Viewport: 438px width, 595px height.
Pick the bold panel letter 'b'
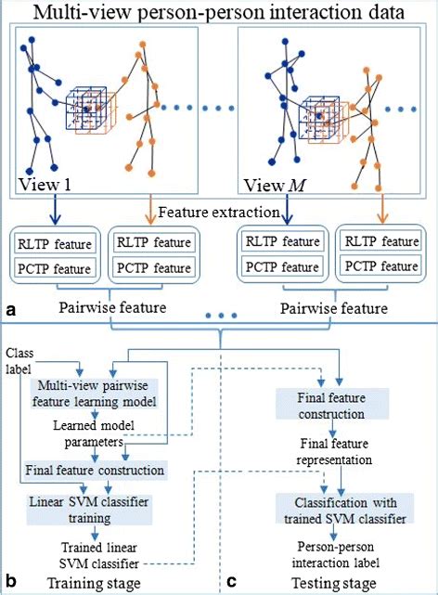coord(12,583)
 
